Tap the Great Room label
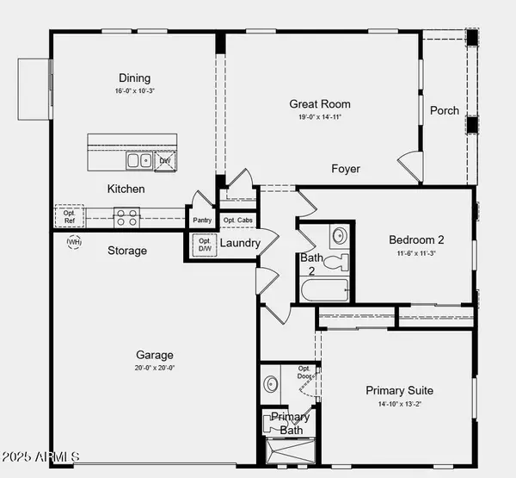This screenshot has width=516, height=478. [320, 104]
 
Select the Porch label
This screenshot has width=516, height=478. [444, 110]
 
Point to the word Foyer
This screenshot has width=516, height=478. [346, 169]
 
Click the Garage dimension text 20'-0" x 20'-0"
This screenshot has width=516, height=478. [155, 368]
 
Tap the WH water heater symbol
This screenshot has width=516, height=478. [74, 243]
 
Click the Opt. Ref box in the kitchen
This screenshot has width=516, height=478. [70, 216]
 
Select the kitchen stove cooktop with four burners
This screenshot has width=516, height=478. [127, 216]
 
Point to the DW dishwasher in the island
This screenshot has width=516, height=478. [165, 160]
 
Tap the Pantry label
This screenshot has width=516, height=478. [201, 220]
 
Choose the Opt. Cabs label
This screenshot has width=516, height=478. [237, 220]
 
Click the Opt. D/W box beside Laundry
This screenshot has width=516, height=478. [205, 245]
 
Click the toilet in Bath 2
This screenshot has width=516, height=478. [339, 261]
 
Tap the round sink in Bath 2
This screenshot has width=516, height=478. [339, 234]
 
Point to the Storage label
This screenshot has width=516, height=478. [127, 251]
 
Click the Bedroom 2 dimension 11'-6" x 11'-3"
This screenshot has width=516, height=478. [417, 253]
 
